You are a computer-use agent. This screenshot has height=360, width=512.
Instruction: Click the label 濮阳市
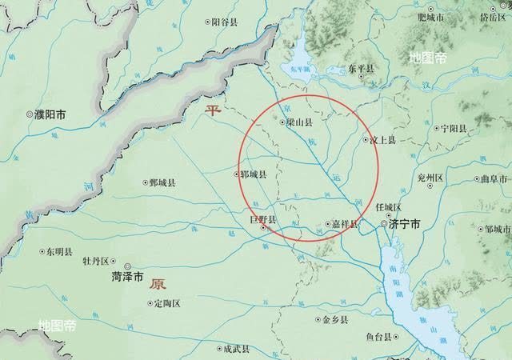(50, 115)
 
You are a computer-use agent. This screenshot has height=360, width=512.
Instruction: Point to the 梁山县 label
(299, 122)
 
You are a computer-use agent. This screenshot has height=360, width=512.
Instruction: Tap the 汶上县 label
(382, 139)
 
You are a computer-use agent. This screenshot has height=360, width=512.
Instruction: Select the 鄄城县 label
(162, 183)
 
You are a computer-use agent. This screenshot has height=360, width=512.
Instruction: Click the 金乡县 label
(334, 319)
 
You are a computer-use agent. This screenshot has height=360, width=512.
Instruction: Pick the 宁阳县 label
(450, 128)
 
